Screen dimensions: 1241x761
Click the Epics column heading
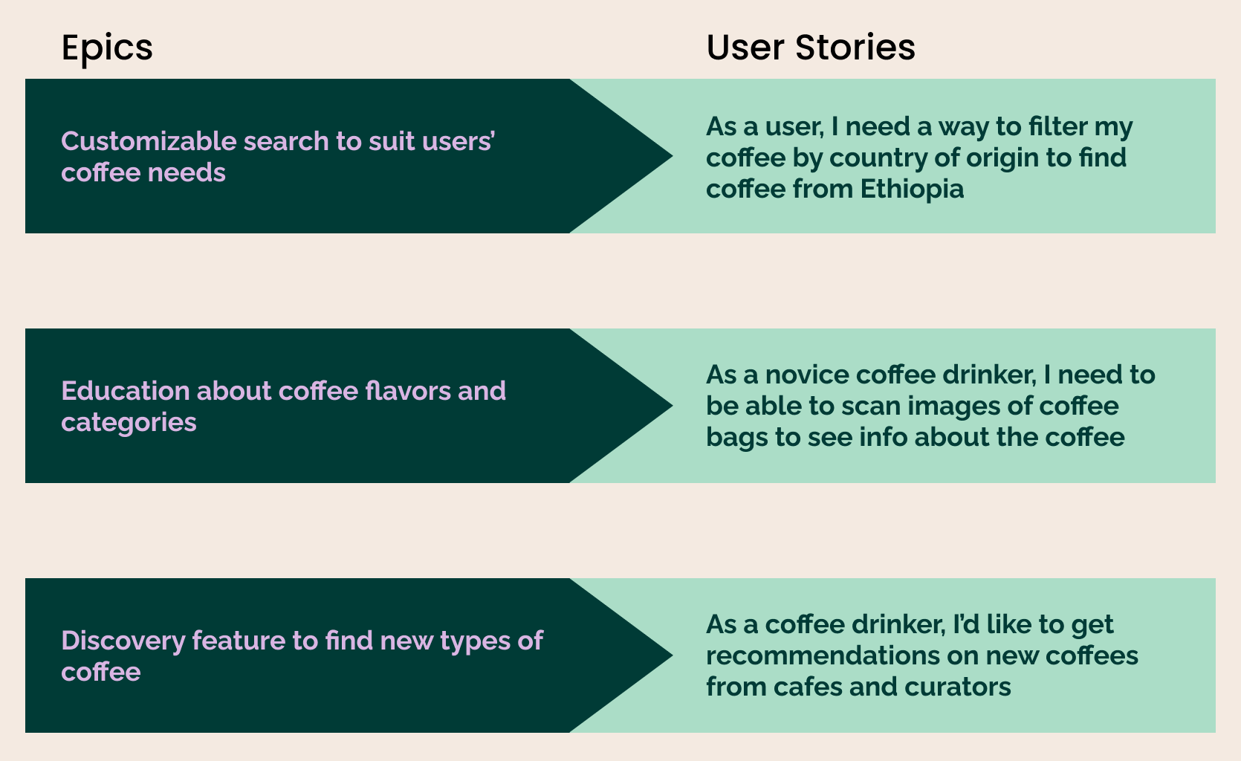pos(107,48)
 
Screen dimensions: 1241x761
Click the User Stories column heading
pos(810,48)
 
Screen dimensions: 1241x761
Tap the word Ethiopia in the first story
pos(912,189)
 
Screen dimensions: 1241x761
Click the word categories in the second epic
pos(129,422)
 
